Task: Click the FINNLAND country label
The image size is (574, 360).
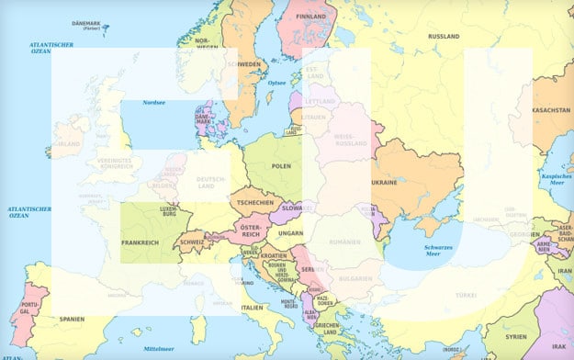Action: (x=311, y=16)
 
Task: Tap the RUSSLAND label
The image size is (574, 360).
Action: (x=444, y=36)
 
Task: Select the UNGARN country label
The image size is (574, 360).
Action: (x=290, y=232)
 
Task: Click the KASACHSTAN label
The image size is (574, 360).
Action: (x=551, y=109)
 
